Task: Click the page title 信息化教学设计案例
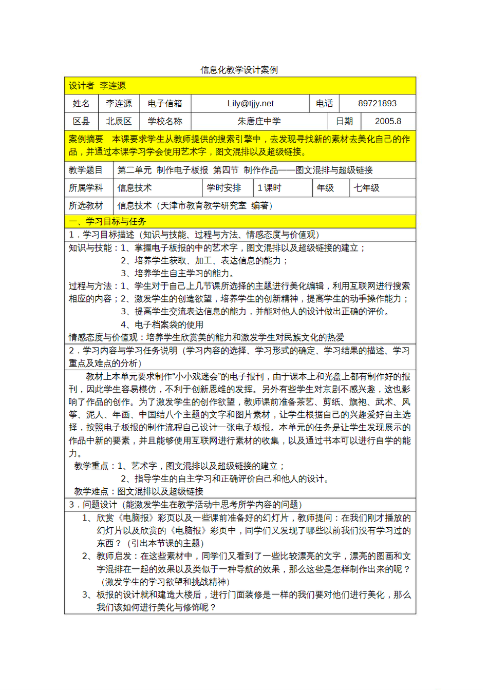(x=239, y=70)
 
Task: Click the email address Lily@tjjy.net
(x=250, y=104)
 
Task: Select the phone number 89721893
(x=377, y=104)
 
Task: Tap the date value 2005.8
(x=388, y=121)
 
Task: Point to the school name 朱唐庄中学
(x=259, y=121)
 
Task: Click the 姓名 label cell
(x=81, y=104)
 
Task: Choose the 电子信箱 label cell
(x=165, y=104)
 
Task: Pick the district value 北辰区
(x=119, y=121)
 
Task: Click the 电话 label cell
(x=324, y=104)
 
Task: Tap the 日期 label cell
(x=344, y=121)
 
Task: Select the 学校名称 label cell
(x=165, y=121)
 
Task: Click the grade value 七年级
(x=367, y=188)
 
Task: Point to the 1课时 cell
(x=269, y=188)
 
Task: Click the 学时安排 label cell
(x=223, y=188)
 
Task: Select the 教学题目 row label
(x=86, y=170)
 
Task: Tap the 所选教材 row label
(x=86, y=206)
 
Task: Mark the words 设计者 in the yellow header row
(x=82, y=86)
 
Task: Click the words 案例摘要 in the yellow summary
(x=86, y=139)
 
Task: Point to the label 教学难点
(x=91, y=491)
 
